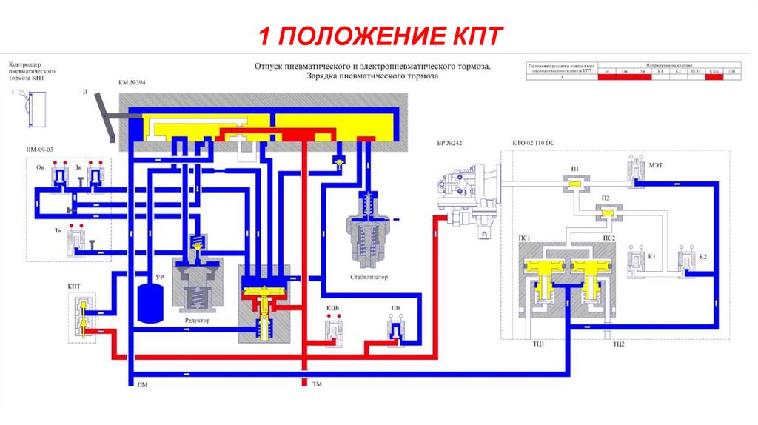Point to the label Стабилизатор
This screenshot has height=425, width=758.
pos(369,278)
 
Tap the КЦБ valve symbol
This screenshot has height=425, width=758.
pos(333,329)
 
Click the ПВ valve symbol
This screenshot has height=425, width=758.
pos(396,330)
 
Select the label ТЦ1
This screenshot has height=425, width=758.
pos(537,345)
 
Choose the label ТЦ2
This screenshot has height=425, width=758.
pos(619,345)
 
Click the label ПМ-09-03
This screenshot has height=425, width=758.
pos(40,151)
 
